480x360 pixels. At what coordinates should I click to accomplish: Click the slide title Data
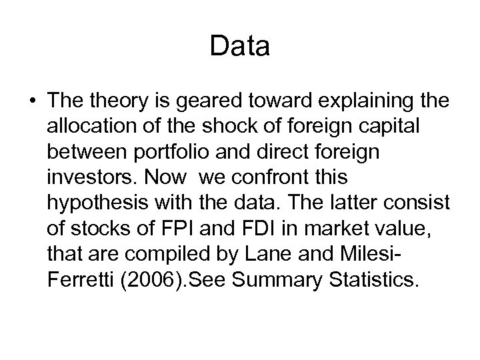point(239,47)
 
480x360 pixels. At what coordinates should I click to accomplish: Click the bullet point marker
point(33,101)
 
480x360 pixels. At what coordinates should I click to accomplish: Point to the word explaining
point(353,101)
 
